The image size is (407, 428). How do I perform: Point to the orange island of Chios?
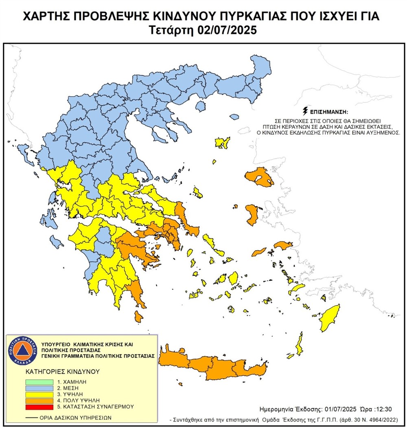[252, 214]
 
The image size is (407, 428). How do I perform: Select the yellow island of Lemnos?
[222, 143]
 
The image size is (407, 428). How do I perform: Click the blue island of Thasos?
[200, 106]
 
